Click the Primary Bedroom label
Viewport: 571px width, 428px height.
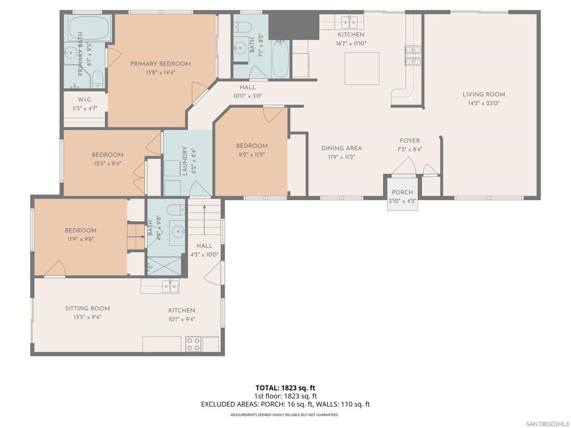click(x=161, y=64)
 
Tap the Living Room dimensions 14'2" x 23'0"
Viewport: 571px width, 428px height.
click(x=483, y=103)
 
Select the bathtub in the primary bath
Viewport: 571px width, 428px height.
click(x=89, y=28)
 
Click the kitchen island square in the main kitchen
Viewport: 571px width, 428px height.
click(x=362, y=69)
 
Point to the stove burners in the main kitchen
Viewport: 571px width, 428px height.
click(x=413, y=55)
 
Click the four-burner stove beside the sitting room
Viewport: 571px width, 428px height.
click(x=193, y=344)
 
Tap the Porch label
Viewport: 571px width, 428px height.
click(x=403, y=192)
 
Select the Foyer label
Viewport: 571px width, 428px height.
click(x=410, y=140)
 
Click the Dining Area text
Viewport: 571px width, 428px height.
click(x=342, y=148)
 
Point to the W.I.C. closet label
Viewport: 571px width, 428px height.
click(x=85, y=100)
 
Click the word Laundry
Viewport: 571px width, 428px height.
click(x=185, y=161)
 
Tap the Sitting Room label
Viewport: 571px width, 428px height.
click(x=88, y=308)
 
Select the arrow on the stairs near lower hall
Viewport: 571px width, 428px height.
click(x=204, y=220)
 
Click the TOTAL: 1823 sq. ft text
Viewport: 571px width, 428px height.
click(x=285, y=388)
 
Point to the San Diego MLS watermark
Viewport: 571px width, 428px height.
click(x=548, y=424)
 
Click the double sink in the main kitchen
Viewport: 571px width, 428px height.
click(x=349, y=22)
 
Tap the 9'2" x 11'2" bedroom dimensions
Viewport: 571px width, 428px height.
click(x=251, y=155)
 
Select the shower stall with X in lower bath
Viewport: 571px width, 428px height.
click(x=164, y=266)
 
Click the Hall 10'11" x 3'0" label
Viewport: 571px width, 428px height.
click(x=248, y=92)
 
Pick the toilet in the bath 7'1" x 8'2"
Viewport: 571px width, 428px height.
click(x=243, y=27)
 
